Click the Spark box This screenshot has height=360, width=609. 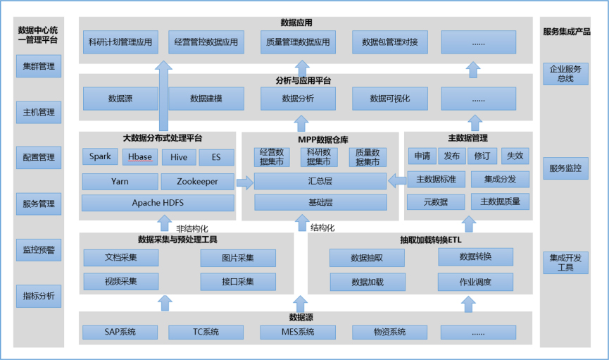coord(100,157)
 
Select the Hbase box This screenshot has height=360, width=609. coord(140,157)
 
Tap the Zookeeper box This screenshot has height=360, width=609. coord(197,182)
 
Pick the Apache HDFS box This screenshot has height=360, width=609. coord(158,204)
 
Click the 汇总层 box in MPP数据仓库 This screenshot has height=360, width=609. coord(320,182)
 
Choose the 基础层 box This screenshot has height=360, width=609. coord(320,203)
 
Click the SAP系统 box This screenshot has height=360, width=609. coord(120,332)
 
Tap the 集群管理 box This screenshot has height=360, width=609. coord(38,67)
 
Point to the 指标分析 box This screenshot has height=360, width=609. coord(38,296)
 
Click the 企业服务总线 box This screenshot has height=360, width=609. coord(565,74)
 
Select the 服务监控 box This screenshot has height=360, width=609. coord(565,169)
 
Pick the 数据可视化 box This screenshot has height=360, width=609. coord(389,99)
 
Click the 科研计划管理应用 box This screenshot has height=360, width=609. coord(120,42)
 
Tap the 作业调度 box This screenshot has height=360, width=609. coord(476,283)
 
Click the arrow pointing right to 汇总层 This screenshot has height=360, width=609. coord(245,183)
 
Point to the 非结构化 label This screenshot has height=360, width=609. coord(192,228)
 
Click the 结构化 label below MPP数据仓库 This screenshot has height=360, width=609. coord(322,228)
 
